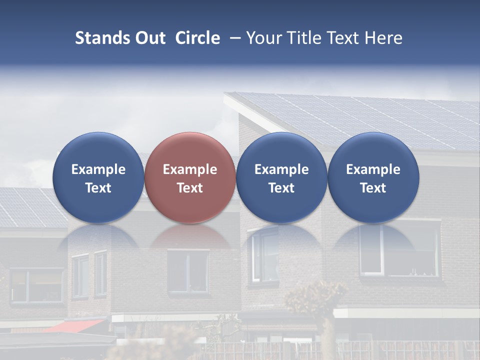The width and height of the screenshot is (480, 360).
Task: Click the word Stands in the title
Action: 103,38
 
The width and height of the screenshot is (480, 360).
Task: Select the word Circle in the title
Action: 197,38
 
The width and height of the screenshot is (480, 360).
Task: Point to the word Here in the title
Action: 384,38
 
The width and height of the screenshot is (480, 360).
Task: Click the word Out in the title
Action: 150,38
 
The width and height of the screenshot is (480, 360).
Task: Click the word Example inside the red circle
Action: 190,169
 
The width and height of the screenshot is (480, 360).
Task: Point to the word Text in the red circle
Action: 190,188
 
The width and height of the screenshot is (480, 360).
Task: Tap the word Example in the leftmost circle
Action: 98,169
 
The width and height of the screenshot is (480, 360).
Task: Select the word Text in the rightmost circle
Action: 373,188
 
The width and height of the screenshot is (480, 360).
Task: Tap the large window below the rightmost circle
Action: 400,250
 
